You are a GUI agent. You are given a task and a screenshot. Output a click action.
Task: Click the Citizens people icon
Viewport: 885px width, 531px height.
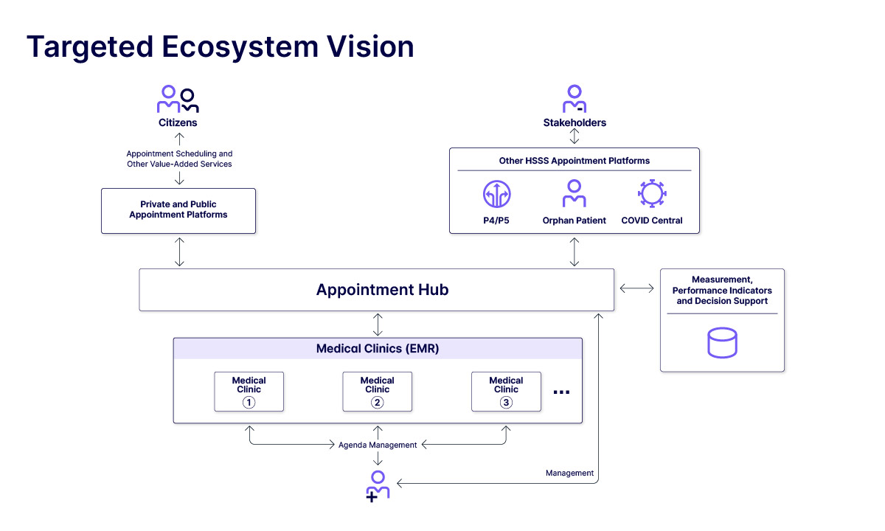[x=178, y=99]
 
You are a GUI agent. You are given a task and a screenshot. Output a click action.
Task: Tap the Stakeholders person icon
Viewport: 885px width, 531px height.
[x=575, y=99]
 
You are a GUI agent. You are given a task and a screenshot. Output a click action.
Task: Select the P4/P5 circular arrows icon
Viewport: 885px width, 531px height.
[x=496, y=194]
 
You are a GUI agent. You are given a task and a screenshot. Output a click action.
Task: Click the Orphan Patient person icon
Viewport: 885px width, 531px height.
[x=574, y=193]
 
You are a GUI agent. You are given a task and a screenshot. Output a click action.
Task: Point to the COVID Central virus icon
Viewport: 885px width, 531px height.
[x=652, y=193]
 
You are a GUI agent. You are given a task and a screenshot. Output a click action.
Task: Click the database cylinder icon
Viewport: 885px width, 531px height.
[x=722, y=342]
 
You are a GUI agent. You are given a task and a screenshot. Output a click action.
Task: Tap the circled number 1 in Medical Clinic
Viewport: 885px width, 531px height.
[x=249, y=403]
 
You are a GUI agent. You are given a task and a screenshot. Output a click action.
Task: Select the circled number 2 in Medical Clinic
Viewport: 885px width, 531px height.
[x=378, y=403]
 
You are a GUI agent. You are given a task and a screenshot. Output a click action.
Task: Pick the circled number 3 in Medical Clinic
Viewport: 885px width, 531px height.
[x=506, y=403]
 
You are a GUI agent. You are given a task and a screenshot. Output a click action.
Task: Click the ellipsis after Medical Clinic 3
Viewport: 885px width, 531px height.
[x=561, y=392]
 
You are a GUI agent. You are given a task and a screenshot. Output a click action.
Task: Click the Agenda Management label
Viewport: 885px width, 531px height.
[x=378, y=445]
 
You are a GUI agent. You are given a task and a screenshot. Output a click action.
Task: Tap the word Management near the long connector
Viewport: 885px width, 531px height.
[x=569, y=473]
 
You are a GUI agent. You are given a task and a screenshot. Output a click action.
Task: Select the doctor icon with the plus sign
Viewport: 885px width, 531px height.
[x=378, y=486]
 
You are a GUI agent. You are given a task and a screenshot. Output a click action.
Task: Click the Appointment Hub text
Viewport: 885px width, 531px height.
[x=382, y=290]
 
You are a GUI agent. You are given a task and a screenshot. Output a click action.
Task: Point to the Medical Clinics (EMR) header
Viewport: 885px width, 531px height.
[x=378, y=348]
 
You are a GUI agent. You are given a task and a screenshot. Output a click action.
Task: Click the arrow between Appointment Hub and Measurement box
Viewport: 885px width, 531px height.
[x=636, y=288]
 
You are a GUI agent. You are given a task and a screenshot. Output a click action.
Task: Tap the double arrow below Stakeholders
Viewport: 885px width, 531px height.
[x=574, y=136]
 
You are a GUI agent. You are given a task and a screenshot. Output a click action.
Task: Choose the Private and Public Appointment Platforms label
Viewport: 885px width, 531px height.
[x=178, y=209]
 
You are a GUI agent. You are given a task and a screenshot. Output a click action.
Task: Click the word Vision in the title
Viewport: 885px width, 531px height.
[x=370, y=46]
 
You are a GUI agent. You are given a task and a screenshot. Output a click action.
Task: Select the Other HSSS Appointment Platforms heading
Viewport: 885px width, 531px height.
[x=574, y=161]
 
